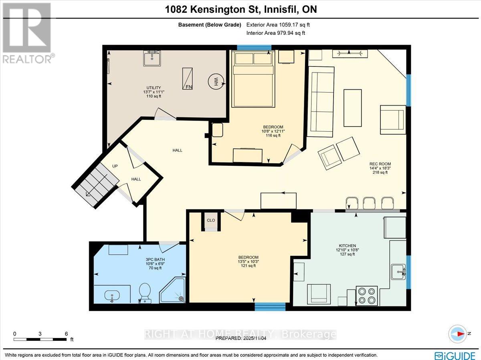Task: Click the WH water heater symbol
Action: (215, 82)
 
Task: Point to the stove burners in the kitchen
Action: (366, 296)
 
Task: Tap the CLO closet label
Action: (211, 220)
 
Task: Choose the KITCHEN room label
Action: (347, 245)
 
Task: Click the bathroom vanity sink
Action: (112, 296)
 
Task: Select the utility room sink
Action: (152, 58)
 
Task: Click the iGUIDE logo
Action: (454, 355)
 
